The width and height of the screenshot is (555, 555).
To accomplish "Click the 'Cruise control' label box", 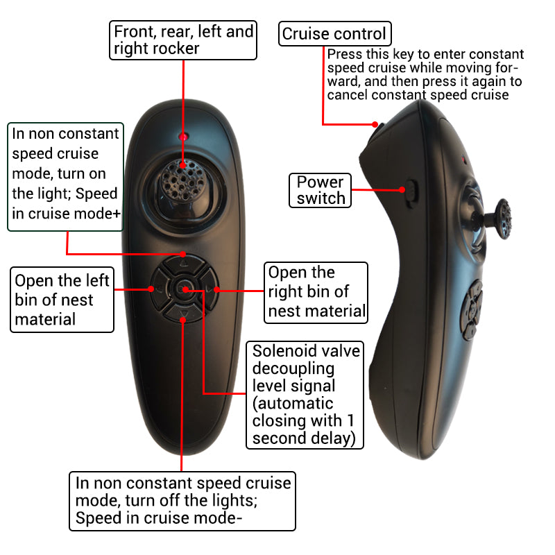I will point(334,33).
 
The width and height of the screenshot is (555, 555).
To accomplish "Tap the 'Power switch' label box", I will point(321,190).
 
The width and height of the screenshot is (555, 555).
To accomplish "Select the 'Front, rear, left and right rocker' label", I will point(184,40).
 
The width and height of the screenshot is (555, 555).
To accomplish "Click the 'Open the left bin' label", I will point(62,300).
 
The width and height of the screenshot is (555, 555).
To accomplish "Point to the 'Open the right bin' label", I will point(317,292).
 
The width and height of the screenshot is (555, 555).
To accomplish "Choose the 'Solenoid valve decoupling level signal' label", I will point(305,394).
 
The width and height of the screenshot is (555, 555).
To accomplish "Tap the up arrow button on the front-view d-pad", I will point(183,266).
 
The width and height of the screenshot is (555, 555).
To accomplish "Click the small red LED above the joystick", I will point(183,135).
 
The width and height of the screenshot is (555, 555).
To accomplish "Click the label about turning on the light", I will point(65,176).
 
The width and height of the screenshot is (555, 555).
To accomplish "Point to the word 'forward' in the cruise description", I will point(500,68).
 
